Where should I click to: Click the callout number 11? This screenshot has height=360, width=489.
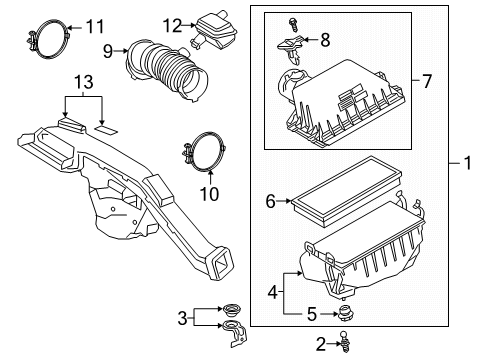pos(94,25)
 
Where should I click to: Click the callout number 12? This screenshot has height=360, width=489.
pos(172,25)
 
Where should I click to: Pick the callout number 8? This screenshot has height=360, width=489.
pos(323,40)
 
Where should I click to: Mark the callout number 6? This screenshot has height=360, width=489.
pos(269,201)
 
